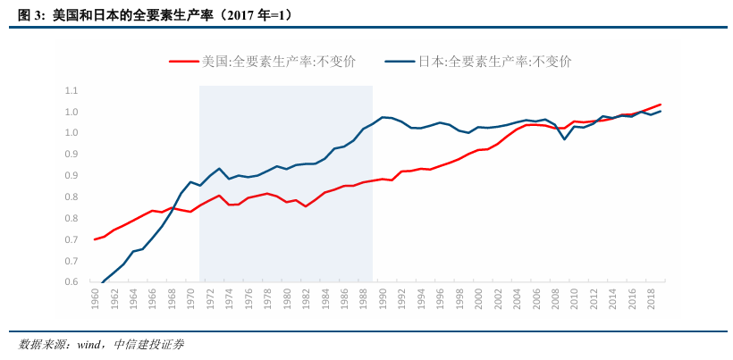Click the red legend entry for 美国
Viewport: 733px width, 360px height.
263,62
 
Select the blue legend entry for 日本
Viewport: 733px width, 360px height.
478,62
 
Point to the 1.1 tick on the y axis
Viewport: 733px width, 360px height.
72,91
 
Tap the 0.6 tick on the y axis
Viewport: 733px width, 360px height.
72,282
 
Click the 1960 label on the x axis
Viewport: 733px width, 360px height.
95,298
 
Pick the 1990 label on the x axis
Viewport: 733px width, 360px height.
383,298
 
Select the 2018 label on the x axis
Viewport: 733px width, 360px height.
651,298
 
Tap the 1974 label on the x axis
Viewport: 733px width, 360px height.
229,298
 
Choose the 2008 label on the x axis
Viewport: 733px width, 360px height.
555,298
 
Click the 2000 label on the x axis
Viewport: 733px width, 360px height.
478,298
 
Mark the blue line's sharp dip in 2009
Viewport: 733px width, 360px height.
564,138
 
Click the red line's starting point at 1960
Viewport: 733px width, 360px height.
95,239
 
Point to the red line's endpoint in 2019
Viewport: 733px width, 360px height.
660,105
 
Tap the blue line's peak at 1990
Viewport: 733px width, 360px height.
383,117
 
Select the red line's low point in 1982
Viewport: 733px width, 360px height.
306,206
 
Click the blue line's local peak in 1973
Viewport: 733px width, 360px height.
219,168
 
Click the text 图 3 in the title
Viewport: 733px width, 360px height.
31,16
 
